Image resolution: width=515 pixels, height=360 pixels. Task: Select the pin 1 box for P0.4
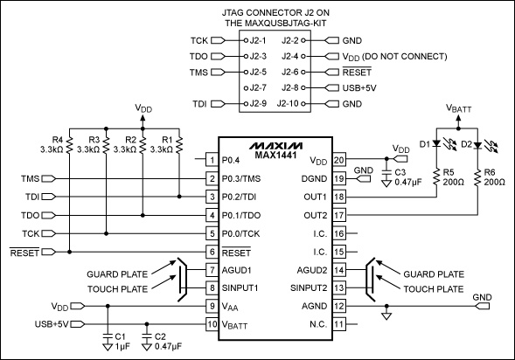211,160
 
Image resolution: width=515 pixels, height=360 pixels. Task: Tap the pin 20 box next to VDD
339,160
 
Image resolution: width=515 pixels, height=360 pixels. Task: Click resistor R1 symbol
177,143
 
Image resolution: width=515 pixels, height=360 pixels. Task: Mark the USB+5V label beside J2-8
358,87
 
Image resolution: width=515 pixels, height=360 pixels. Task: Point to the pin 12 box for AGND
339,306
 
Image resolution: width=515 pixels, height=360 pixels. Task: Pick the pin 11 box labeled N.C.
339,324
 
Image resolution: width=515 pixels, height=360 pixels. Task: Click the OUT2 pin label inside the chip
313,215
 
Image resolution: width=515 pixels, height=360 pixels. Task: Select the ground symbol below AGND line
385,318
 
